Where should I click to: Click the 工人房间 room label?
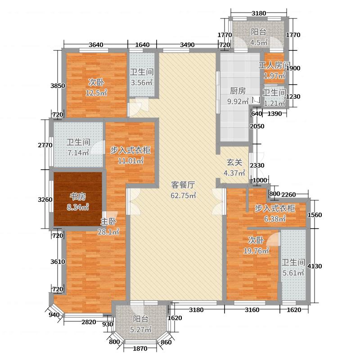tap(274, 66)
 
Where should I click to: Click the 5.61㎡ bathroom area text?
tap(293, 273)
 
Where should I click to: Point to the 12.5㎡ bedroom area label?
tap(97, 93)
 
